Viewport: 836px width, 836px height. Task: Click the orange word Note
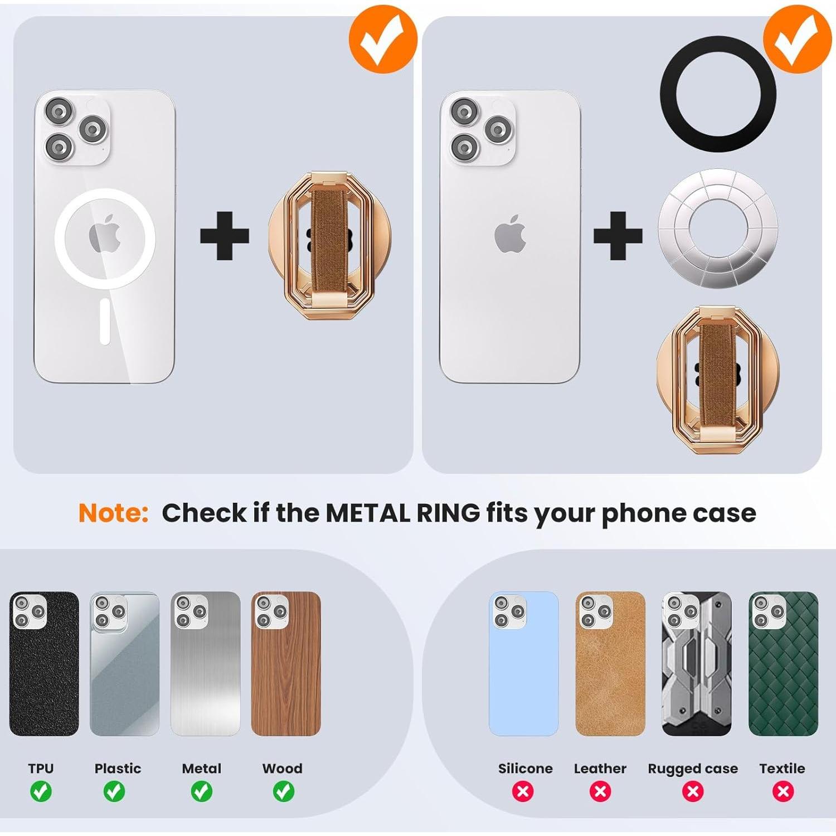pos(113,513)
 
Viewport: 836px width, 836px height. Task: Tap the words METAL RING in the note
pos(402,513)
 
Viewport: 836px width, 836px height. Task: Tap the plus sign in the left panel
pos(224,236)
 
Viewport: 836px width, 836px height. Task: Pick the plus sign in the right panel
pos(618,236)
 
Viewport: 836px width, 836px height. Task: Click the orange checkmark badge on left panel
pos(383,39)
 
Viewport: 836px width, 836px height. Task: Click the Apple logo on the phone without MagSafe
pos(510,235)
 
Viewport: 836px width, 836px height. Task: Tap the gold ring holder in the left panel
pos(329,245)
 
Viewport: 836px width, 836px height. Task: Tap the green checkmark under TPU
pos(41,791)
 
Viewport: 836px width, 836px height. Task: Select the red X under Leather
pos(600,791)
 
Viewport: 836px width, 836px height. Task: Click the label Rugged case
pos(693,769)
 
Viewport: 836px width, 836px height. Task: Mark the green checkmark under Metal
pos(202,791)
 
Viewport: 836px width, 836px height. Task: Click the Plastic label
pos(118,769)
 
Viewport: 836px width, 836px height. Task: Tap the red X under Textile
pos(783,791)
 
